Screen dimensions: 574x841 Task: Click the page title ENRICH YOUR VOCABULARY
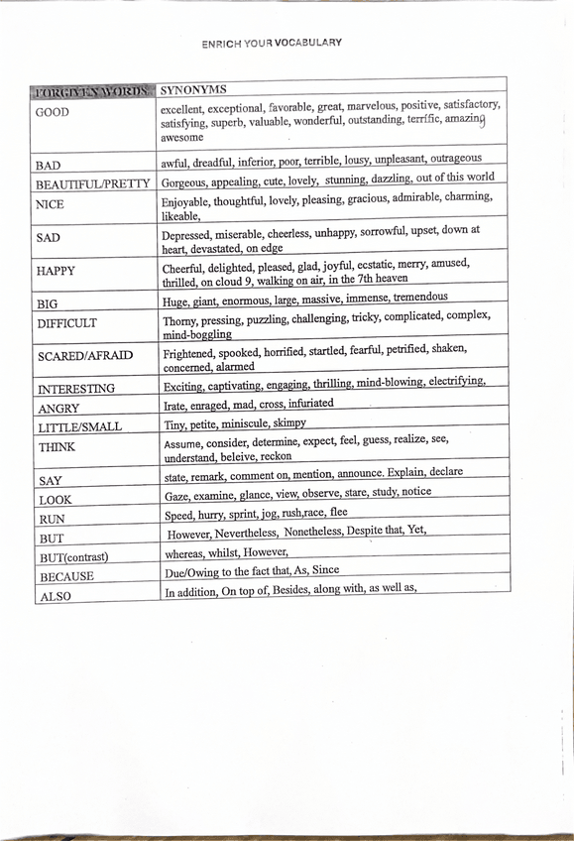click(272, 43)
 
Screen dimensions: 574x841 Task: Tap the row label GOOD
click(53, 112)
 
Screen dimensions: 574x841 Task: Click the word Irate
click(174, 405)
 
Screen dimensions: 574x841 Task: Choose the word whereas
click(186, 552)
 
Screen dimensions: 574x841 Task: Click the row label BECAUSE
click(66, 576)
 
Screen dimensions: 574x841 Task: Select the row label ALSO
click(55, 596)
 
